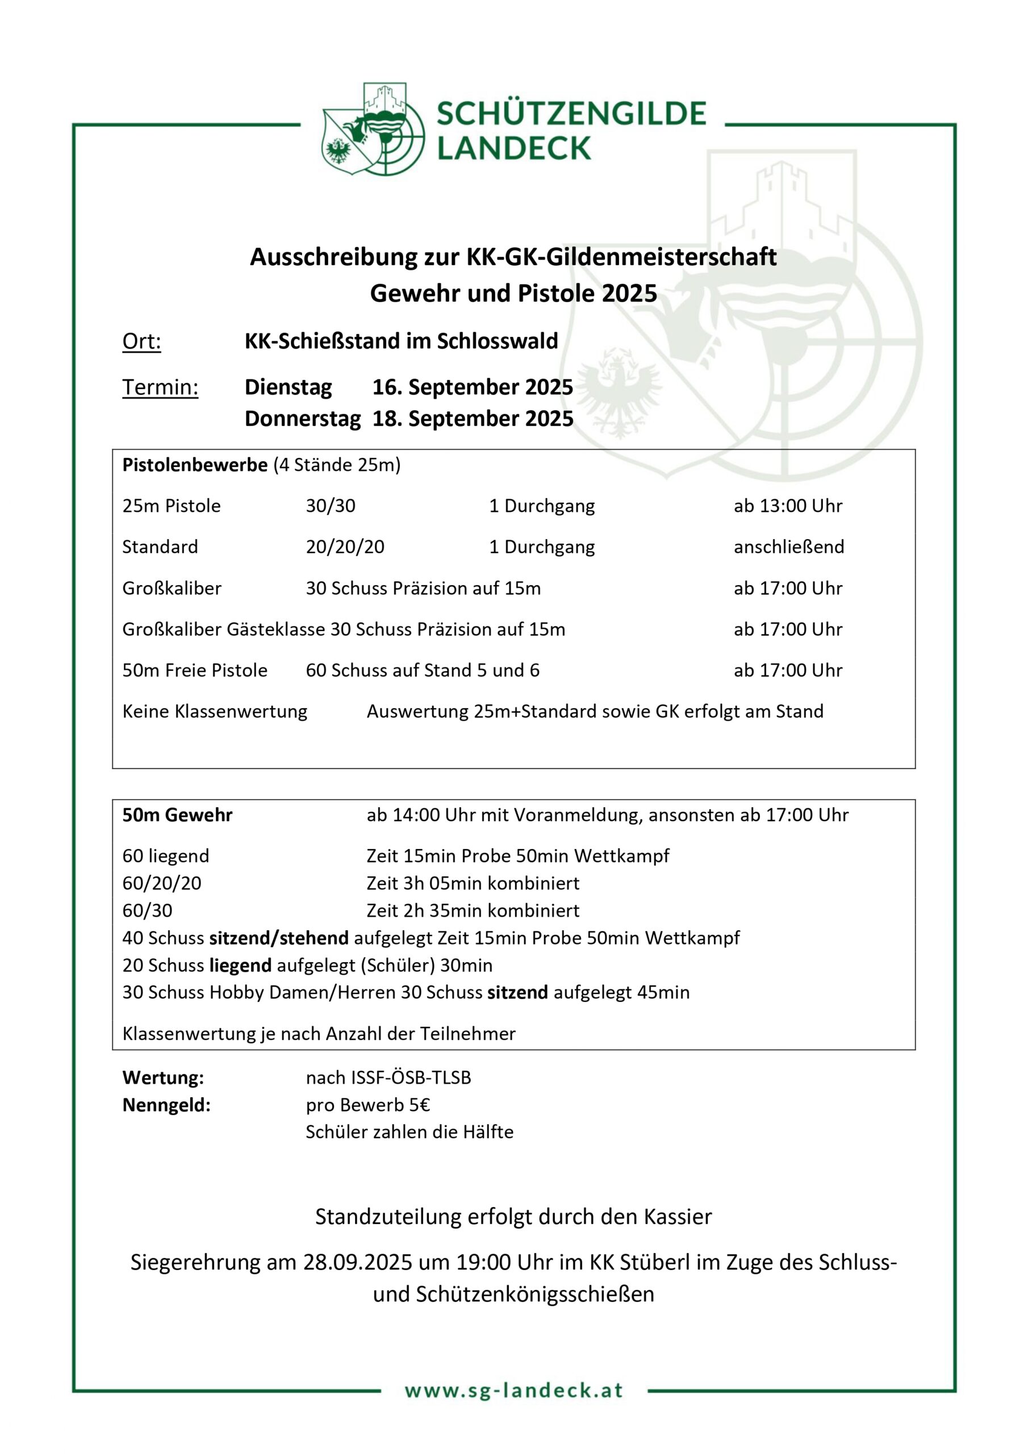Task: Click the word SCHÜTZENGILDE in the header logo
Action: (x=571, y=114)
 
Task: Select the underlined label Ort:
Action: (x=141, y=341)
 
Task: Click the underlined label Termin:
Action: (x=160, y=387)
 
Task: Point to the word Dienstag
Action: (x=288, y=387)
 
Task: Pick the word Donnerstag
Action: (x=303, y=419)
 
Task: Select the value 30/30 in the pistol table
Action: (x=330, y=506)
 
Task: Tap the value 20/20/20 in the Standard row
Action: (x=345, y=547)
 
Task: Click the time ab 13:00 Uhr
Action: (x=787, y=506)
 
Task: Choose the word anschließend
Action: (x=788, y=547)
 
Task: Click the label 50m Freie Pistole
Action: (x=194, y=670)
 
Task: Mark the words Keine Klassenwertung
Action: (x=215, y=711)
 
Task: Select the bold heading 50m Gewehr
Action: (x=177, y=815)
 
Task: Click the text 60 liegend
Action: (x=165, y=856)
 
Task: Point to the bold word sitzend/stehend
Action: (x=279, y=938)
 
